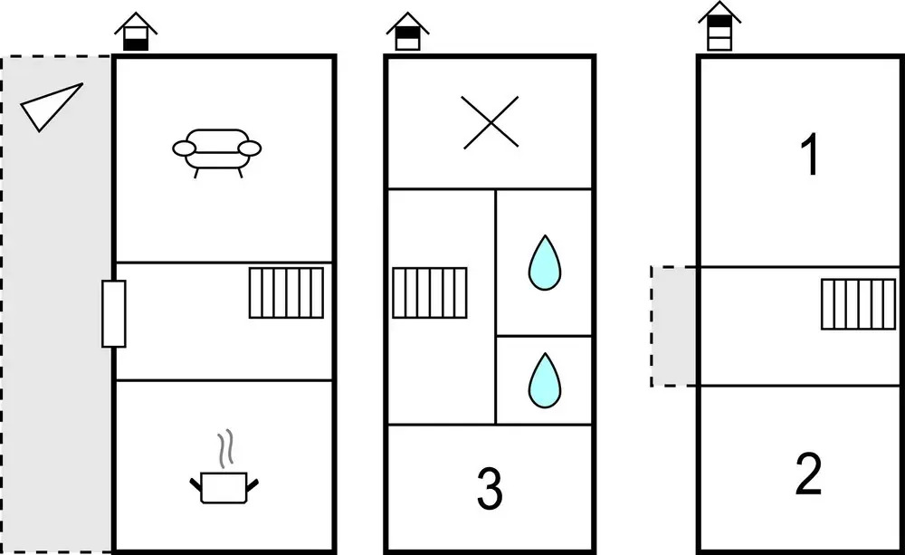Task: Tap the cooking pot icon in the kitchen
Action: coord(224,487)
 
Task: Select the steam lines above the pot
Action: coord(225,448)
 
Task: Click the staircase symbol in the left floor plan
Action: coord(286,292)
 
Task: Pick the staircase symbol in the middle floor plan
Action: coord(430,292)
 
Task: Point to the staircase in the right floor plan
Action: coord(859,304)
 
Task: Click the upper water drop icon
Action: coord(544,263)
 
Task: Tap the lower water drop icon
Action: coord(544,379)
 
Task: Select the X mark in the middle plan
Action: coord(491,122)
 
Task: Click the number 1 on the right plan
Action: coord(810,154)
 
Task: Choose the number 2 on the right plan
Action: coord(808,474)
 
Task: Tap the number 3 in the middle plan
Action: coord(490,488)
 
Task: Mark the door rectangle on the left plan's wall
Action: coord(114,313)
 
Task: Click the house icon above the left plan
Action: coord(136,32)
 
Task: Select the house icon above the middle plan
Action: coord(407,32)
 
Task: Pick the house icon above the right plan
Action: coord(719,26)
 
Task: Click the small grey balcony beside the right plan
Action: coord(673,326)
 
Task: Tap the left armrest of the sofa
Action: coord(185,149)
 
